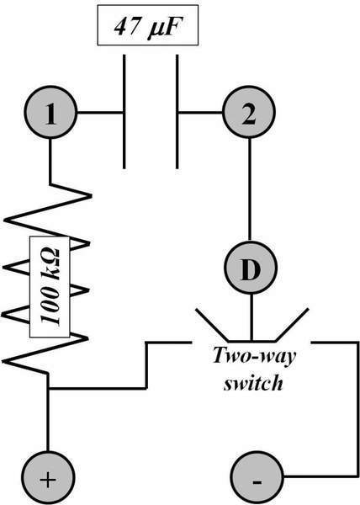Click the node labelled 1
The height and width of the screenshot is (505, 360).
(50, 113)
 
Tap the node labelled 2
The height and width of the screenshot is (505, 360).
(249, 113)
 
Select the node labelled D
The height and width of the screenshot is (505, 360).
(251, 268)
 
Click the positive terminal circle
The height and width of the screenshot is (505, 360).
(48, 477)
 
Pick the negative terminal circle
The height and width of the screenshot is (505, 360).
(257, 477)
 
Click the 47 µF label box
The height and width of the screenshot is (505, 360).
(148, 25)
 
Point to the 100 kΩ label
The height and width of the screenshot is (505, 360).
(50, 287)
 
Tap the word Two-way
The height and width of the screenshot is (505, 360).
(254, 357)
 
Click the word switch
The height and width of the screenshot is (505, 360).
(253, 383)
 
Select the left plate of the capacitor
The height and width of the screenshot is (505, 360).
(124, 112)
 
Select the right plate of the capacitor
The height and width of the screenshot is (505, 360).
(177, 112)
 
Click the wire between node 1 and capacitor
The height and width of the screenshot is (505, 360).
(100, 113)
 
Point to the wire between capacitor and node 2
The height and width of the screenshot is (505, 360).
(200, 113)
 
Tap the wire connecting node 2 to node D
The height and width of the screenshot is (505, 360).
(250, 189)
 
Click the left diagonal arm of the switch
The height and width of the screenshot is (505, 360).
(212, 325)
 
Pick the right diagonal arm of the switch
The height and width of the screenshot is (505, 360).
(292, 325)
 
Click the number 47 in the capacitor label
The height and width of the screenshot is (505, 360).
(127, 26)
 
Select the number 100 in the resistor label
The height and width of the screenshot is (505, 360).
(50, 308)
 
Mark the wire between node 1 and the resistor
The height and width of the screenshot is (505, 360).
(50, 162)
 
